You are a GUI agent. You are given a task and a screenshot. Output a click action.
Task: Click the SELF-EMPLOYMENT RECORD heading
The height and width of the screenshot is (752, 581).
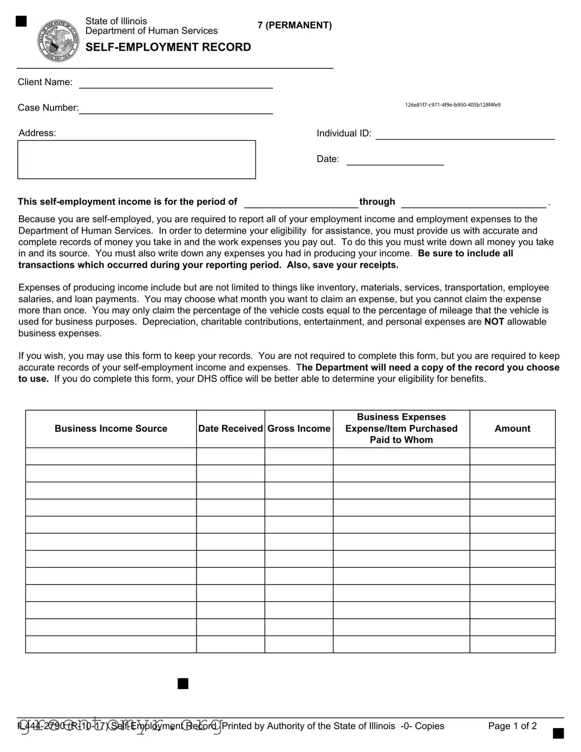pos(168,47)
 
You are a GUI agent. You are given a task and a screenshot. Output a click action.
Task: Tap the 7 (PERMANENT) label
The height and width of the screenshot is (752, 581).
pos(295,25)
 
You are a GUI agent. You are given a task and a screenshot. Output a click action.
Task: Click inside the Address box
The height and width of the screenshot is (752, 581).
pos(136,159)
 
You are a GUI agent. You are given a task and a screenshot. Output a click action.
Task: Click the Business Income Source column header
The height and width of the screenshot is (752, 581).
pos(111,429)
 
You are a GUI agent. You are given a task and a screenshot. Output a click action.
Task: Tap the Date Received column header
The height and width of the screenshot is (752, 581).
pos(230,429)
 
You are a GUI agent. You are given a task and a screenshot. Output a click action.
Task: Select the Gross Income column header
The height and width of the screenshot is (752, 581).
pos(299,429)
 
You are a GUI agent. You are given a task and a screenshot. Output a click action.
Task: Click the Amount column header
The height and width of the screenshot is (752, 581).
pos(512,429)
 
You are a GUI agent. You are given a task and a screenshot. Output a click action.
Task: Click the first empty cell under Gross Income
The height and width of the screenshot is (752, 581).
pos(299,456)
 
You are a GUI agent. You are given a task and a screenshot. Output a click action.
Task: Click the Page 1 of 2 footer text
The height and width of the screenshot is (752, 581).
pos(512,726)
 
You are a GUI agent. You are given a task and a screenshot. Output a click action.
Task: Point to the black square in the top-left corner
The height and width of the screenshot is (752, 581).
pos(21,21)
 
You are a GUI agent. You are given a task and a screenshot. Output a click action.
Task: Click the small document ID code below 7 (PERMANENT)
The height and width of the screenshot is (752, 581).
pos(453,105)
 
